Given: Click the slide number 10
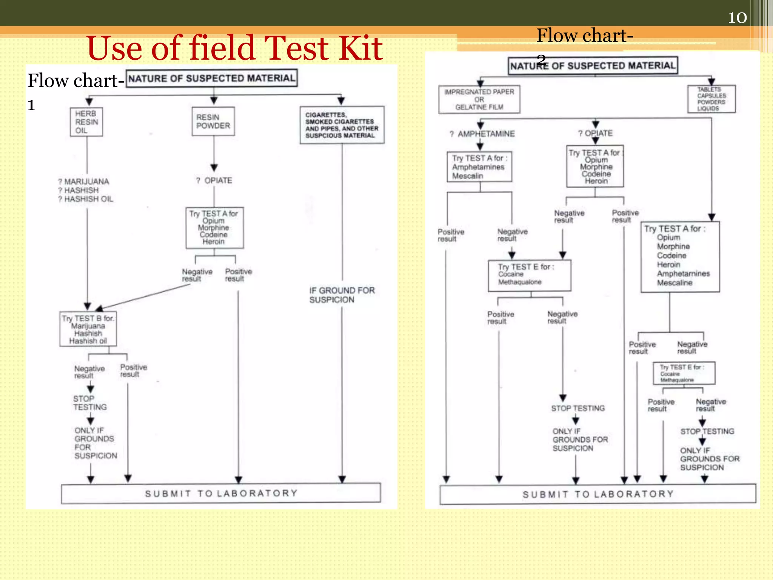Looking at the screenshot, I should tap(737, 18).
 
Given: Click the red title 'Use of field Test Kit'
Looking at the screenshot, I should tap(234, 48).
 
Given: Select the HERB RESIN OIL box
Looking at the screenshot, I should tap(86, 122).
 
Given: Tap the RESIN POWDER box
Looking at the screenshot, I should tap(213, 122).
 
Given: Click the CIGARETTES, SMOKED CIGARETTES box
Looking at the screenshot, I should tap(342, 125).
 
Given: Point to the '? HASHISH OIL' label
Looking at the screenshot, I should tap(86, 199).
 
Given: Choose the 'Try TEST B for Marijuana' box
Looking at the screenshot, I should tap(88, 329).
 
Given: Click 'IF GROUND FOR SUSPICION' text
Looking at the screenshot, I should tap(342, 295).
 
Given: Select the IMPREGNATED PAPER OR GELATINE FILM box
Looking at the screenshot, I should tap(479, 99).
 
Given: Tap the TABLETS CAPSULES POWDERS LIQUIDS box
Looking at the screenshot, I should tap(711, 99).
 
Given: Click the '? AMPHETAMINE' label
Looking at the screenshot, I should tap(482, 134).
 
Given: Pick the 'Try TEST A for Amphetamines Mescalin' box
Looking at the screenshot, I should tap(479, 167).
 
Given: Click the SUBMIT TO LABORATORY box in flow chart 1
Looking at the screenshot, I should tap(221, 494).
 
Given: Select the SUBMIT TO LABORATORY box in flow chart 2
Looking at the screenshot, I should tap(598, 494).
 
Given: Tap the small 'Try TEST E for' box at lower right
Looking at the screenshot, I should tap(684, 373).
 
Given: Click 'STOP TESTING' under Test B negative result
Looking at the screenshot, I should tap(90, 403).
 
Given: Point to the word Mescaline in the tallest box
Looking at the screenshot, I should tap(674, 283).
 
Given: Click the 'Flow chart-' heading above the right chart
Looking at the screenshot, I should tap(585, 35).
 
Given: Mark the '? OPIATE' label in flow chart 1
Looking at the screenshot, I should tap(214, 180).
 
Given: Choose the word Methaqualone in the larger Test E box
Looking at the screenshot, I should tap(520, 282).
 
